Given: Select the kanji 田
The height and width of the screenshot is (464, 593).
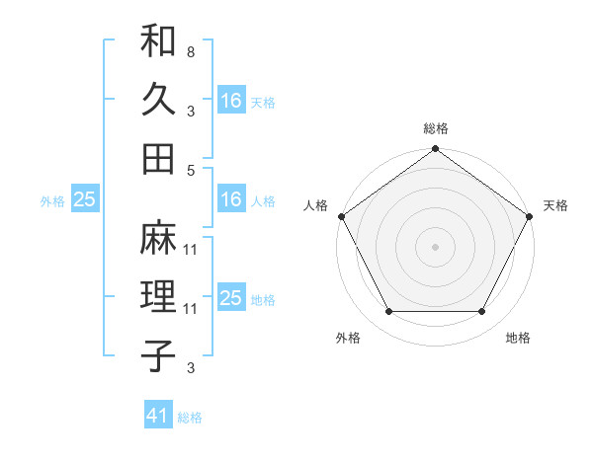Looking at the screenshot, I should click(x=158, y=157).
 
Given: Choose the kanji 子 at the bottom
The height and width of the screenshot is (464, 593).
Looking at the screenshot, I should click(x=158, y=354).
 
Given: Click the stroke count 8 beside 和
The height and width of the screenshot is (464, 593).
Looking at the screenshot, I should click(x=190, y=51).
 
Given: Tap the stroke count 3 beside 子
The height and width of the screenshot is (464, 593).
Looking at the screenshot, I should click(x=190, y=368).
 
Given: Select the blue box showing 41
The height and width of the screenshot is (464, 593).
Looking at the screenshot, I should click(x=158, y=416).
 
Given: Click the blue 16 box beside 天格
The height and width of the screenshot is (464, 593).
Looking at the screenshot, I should click(x=231, y=100).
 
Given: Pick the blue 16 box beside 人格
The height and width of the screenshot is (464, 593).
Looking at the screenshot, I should click(x=231, y=199).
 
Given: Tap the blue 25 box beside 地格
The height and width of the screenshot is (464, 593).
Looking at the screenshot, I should click(x=231, y=298).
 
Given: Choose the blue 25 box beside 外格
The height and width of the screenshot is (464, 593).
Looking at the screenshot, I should click(x=85, y=199).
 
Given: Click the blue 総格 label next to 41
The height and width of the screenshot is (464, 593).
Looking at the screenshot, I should click(x=190, y=418).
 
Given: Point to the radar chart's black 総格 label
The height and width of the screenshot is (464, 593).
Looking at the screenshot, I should click(x=435, y=129).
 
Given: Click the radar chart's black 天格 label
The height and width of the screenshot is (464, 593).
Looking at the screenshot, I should click(x=555, y=205).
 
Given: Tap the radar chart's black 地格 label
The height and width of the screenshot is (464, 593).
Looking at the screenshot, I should click(x=518, y=339).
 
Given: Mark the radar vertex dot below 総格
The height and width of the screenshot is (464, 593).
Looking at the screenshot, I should click(x=435, y=150).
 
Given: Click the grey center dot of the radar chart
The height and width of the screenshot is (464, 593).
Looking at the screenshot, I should click(x=435, y=247).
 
